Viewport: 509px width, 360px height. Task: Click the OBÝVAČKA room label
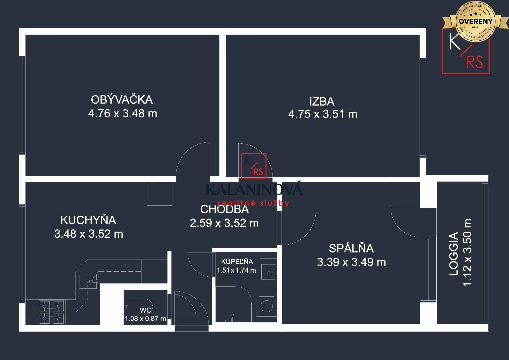(x=122, y=99)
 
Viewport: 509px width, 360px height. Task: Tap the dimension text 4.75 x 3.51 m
(x=323, y=114)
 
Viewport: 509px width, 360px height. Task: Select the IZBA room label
(x=322, y=101)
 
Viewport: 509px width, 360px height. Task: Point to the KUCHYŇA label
(x=88, y=220)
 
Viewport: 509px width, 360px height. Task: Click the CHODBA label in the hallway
(x=224, y=209)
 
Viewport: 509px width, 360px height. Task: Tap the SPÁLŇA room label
(x=351, y=248)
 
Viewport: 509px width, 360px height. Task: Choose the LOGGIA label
(x=454, y=254)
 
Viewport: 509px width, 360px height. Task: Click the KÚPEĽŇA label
(x=237, y=262)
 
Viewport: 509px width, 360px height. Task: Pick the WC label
(x=145, y=310)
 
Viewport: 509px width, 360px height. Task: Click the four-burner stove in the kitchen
(x=52, y=312)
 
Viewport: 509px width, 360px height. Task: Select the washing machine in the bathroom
(x=266, y=306)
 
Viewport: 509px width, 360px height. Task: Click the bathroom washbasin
(x=268, y=272)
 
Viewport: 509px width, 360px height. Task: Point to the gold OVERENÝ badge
(x=475, y=21)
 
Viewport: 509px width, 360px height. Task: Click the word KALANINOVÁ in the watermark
(x=254, y=189)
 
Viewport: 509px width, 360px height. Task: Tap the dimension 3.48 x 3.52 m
(x=89, y=234)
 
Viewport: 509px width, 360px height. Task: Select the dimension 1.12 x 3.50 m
(x=468, y=252)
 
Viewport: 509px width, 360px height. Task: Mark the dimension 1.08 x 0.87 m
(x=145, y=319)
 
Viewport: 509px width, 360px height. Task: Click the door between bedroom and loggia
(x=405, y=222)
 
